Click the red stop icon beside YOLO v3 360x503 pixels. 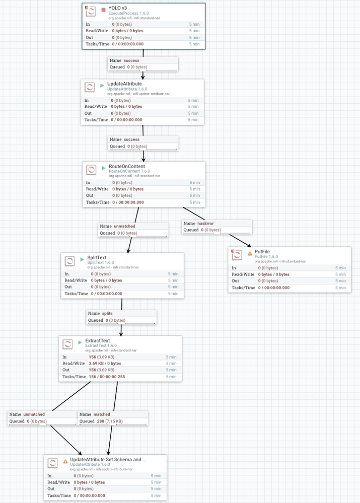click(103, 10)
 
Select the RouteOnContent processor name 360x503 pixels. click(127, 167)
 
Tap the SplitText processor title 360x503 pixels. click(97, 258)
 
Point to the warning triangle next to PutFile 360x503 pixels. click(250, 253)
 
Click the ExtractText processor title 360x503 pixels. click(97, 341)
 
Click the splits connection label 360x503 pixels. click(107, 313)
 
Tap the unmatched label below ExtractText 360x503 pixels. click(34, 414)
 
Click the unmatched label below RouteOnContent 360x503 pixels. click(124, 227)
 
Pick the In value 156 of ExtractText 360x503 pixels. click(93, 356)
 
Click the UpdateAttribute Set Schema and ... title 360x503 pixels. click(108, 460)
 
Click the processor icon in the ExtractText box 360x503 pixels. click(67, 344)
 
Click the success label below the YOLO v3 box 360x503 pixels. click(131, 60)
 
